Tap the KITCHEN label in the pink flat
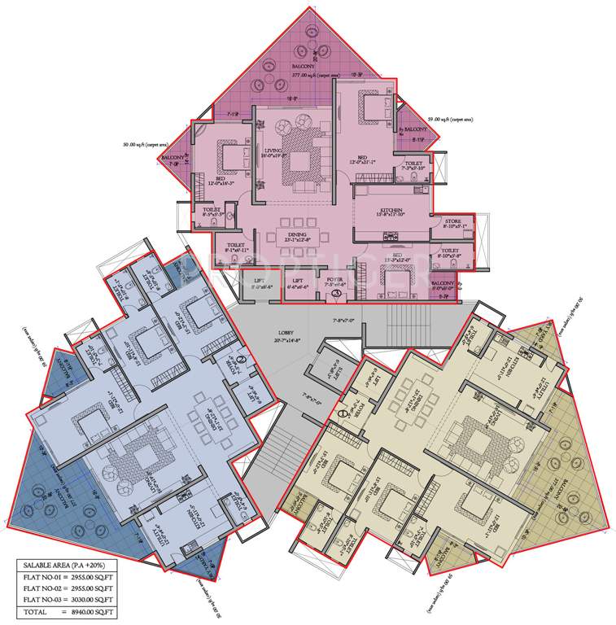(x=391, y=210)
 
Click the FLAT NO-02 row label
(x=42, y=591)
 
